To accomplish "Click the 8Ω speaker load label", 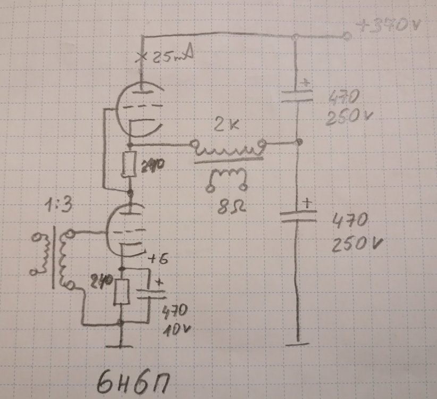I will tap(227, 204).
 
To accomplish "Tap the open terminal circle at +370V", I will tap(347, 36).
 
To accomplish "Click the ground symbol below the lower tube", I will tap(122, 345).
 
